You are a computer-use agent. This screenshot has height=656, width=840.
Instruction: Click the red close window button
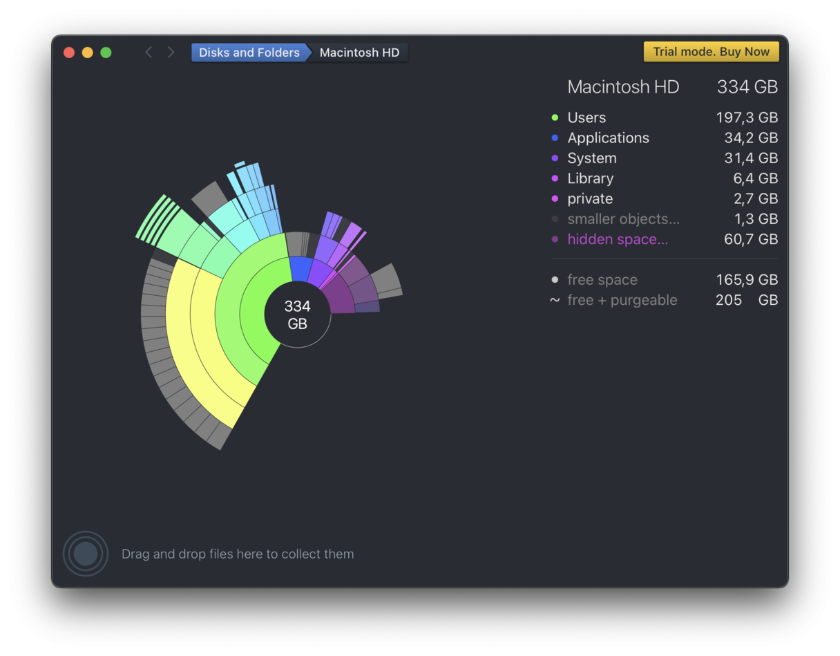coord(69,53)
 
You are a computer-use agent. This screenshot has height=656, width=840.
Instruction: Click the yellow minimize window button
coord(87,53)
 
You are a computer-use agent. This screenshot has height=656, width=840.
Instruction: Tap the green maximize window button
coord(106,53)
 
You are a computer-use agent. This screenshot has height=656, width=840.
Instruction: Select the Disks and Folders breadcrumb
coord(249,53)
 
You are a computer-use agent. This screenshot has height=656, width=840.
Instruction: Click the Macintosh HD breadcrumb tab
coord(359,53)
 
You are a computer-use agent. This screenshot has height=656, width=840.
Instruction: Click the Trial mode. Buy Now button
coord(711,52)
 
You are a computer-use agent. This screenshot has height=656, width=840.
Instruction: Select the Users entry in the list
coord(586,118)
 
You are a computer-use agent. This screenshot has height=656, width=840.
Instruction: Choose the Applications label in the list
coord(608,138)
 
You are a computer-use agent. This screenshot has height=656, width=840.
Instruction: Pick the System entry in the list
coord(591,158)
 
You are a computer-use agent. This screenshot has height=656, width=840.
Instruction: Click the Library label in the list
coord(590,178)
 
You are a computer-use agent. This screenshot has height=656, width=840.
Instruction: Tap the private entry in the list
coord(590,199)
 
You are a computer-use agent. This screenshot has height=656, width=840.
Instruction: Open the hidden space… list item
coord(618,239)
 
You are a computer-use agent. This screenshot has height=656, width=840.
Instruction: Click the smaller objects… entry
coord(623,219)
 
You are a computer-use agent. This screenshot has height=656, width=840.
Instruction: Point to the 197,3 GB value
coord(747,118)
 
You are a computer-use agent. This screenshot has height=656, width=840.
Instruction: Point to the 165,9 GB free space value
coord(747,280)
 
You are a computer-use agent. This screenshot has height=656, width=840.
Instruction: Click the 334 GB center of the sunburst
coord(298,315)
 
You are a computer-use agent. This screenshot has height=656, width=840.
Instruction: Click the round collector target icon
coord(86,554)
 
